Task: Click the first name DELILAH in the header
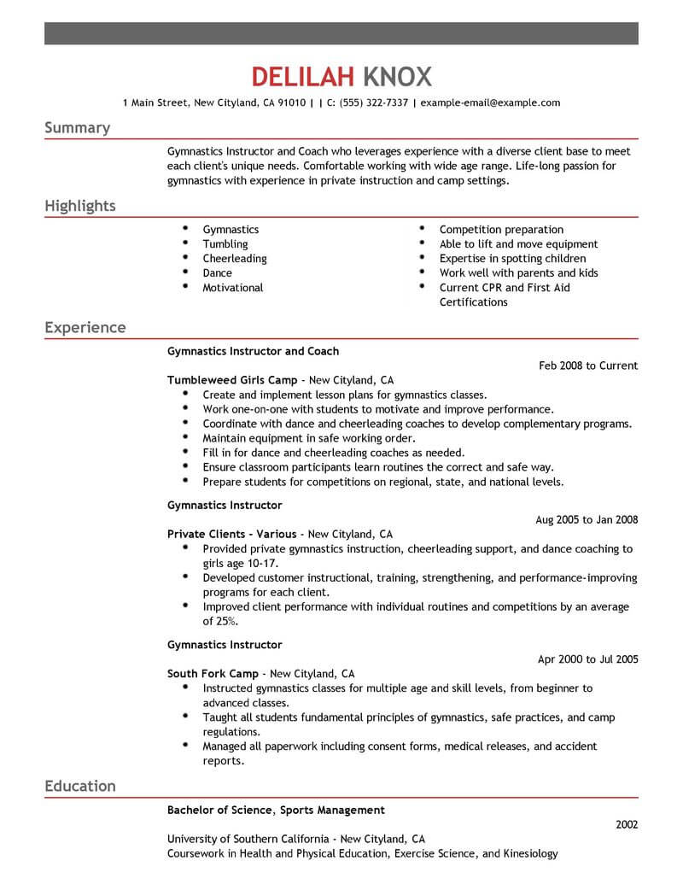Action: [302, 77]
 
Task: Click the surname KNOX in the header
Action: [397, 77]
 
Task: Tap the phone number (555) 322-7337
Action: [371, 103]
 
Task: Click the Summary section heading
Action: [77, 128]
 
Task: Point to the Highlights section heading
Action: [80, 207]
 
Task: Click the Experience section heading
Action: [85, 328]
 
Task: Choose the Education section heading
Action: [80, 787]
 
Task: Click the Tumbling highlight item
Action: [225, 244]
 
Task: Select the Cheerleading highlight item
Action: [235, 259]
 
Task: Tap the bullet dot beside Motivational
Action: [185, 287]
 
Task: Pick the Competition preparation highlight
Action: [501, 230]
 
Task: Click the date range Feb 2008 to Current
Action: [588, 366]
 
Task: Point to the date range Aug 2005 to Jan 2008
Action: [587, 519]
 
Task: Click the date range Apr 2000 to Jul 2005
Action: [587, 659]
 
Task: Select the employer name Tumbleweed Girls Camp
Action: [232, 380]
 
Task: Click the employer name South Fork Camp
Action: [213, 673]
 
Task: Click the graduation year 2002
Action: [626, 825]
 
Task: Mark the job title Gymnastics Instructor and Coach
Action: [253, 351]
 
